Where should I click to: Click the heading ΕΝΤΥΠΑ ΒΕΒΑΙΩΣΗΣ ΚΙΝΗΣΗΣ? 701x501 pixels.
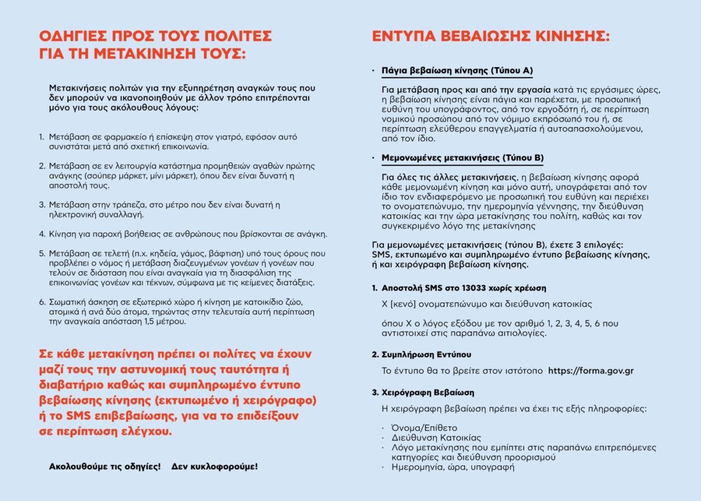point(491,36)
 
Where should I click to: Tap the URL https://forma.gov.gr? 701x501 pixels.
point(591,371)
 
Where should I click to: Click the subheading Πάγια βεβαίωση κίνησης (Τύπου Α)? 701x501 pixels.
point(457,71)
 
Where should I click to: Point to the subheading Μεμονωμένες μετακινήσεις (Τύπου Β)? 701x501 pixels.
point(463,158)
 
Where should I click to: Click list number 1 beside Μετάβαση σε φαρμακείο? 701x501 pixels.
point(41,137)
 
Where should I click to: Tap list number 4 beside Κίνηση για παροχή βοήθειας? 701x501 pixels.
point(42,234)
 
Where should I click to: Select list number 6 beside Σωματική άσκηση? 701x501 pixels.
point(42,302)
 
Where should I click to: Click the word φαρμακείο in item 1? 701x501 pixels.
point(109,137)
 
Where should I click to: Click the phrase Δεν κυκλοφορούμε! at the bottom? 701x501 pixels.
point(214,467)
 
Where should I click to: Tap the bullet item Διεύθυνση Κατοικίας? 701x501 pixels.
point(431,437)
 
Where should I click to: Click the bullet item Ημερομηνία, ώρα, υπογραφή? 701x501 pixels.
point(448,467)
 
